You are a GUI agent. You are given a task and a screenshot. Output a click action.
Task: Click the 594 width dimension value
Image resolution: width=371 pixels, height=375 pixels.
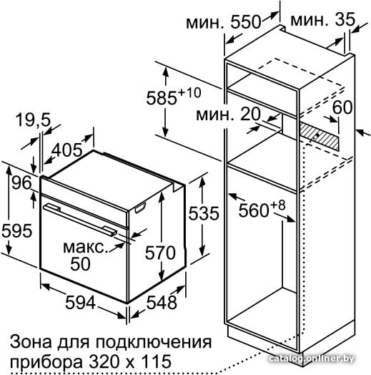pos(80,302)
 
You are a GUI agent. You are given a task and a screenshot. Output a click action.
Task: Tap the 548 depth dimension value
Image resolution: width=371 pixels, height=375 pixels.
pos(162,302)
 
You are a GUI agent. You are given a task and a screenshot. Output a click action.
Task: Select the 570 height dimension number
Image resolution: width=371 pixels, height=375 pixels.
pos(160,253)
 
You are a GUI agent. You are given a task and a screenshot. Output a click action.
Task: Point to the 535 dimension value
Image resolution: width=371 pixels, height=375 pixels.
pos(204,213)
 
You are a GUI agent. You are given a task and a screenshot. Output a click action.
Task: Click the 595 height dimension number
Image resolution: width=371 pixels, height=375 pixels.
pos(16,230)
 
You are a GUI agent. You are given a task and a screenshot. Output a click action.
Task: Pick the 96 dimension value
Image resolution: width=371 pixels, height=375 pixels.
pos(21,182)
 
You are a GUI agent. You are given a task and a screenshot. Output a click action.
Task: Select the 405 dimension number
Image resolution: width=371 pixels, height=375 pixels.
pos(67,150)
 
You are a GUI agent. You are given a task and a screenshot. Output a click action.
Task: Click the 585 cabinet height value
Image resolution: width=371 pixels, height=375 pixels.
pos(162,98)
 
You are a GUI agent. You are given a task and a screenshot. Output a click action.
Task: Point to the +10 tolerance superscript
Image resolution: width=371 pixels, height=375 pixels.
pos(189,93)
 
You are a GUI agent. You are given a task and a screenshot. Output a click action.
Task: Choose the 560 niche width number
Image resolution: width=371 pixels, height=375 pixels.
pos(254,210)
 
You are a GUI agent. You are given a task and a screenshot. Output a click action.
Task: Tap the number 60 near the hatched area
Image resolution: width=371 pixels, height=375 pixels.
pos(342,107)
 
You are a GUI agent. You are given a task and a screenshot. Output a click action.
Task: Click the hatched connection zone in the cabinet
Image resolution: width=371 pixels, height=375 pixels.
pos(319,135)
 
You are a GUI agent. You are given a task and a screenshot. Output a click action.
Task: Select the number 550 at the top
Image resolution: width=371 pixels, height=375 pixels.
pos(246,22)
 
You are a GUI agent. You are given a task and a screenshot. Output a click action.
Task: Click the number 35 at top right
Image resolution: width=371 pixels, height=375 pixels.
pos(345,19)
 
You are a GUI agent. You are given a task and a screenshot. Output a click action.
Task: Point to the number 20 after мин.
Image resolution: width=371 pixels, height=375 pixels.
pos(250,114)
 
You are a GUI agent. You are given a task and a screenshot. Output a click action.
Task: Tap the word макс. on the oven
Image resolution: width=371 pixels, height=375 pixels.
pos(86,248)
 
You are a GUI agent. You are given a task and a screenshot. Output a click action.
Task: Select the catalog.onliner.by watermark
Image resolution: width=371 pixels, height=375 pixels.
pos(311,359)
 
